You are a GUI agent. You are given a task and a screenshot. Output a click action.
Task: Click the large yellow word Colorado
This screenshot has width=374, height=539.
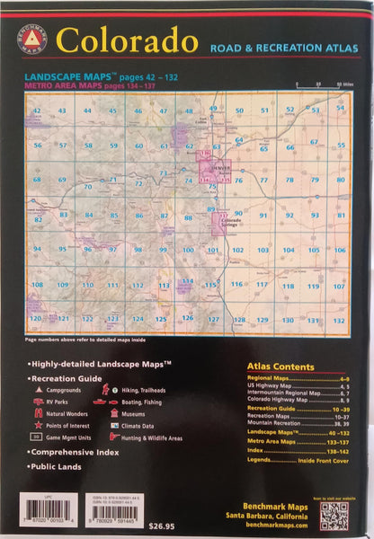pyautogui.click(x=127, y=40)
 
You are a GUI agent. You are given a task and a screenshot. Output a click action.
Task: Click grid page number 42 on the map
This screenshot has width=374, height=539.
pyautogui.click(x=37, y=110)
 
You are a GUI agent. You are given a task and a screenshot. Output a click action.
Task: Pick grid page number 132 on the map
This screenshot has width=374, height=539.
pyautogui.click(x=339, y=320)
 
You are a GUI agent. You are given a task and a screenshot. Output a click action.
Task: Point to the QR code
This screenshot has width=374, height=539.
pyautogui.click(x=334, y=515)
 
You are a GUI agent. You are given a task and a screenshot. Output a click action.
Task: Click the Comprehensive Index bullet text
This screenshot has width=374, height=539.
pyautogui.click(x=79, y=454)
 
